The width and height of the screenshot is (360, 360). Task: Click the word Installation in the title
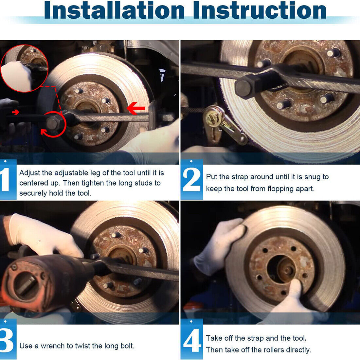click(115, 10)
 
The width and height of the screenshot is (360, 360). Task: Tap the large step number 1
click(6, 180)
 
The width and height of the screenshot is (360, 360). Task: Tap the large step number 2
click(191, 180)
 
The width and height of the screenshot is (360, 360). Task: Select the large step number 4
click(191, 340)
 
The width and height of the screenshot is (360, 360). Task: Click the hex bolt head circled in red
click(52, 123)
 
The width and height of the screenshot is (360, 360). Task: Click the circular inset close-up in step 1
click(24, 68)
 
